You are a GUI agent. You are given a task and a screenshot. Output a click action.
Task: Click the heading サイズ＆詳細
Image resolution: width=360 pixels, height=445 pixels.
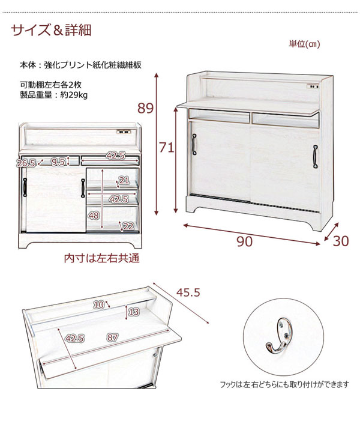[x=51, y=30]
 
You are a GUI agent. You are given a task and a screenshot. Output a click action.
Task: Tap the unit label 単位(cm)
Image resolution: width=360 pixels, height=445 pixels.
[x=304, y=44]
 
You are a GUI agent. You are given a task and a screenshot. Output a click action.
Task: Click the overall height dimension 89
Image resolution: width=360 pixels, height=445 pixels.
[x=145, y=108]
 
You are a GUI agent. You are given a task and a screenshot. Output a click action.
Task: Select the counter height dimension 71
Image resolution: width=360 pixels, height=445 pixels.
[x=166, y=148]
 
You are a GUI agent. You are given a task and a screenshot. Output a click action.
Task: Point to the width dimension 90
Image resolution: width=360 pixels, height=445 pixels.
[x=244, y=241]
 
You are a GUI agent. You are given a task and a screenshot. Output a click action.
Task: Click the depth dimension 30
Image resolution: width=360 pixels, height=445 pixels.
[x=341, y=241]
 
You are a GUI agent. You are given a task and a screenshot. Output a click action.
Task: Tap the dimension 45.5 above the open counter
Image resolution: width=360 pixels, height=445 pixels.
[x=188, y=292]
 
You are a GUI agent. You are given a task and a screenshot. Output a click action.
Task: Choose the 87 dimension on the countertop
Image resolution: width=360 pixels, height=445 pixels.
[x=112, y=338]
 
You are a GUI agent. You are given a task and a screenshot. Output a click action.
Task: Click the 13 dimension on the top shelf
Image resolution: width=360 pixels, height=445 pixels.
[x=134, y=312]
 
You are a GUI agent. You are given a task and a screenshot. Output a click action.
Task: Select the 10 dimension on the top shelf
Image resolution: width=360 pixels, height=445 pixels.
[x=98, y=304]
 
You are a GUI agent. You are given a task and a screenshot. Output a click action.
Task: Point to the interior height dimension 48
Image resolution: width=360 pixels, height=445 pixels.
[x=93, y=216]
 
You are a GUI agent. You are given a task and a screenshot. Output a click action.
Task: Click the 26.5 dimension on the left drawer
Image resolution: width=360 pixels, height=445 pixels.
[x=26, y=163]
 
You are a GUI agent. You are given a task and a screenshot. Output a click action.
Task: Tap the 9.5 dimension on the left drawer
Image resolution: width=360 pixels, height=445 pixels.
[x=58, y=162]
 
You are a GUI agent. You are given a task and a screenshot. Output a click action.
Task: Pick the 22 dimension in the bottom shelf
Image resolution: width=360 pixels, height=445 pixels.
[x=128, y=226]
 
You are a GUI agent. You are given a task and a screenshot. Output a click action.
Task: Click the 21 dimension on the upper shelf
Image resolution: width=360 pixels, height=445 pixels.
[x=124, y=180]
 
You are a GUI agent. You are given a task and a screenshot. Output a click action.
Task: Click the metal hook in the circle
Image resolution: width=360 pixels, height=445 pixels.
[x=279, y=338]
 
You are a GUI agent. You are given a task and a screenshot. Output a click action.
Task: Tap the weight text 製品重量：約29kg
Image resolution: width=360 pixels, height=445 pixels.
[x=53, y=94]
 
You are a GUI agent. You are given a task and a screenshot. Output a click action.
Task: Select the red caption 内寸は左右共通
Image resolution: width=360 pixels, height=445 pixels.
[x=102, y=258]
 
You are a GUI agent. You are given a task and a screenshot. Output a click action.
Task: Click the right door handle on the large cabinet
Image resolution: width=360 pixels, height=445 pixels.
[x=315, y=156]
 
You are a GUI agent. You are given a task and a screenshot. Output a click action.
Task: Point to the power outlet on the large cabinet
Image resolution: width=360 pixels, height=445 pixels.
[x=313, y=86]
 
